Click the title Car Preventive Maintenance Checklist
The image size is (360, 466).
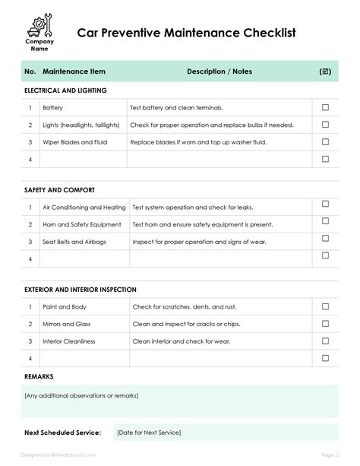pos(185,33)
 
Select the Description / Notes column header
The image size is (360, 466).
pos(219,71)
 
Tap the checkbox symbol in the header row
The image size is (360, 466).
pos(325,71)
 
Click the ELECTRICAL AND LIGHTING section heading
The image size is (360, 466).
pos(65,90)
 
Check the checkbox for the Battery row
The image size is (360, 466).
pos(325,108)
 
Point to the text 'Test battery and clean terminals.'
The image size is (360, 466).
pos(176,108)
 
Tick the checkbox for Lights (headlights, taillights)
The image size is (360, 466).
pos(325,125)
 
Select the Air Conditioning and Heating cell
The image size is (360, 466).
pos(84,208)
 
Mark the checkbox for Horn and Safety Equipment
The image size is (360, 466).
pos(325,224)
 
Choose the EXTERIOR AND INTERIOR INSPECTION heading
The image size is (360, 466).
pos(81,290)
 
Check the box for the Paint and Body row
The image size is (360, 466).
pos(325,307)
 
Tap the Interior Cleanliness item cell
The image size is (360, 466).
pos(69,341)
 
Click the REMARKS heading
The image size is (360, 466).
pos(39,376)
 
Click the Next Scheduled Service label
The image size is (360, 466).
pos(62,433)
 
